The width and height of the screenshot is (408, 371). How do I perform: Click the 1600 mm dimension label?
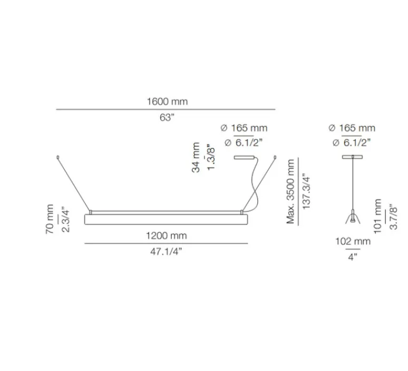click(x=167, y=102)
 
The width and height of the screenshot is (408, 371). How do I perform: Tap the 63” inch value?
click(x=167, y=118)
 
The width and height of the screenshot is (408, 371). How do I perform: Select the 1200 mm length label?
click(x=167, y=236)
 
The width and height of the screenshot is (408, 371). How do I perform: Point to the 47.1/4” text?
click(x=167, y=252)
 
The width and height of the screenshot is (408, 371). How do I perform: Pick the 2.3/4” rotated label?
click(x=65, y=219)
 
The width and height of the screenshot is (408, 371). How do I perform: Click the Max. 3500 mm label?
click(x=291, y=192)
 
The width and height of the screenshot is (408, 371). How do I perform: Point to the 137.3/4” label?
click(x=306, y=192)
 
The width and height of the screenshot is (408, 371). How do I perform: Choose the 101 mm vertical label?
click(x=377, y=216)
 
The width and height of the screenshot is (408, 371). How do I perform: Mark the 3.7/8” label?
click(x=393, y=216)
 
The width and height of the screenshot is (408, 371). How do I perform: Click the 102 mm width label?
click(x=353, y=242)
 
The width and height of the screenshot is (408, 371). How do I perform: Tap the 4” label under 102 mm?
click(x=353, y=257)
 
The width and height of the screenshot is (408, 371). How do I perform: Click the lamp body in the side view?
click(x=353, y=217)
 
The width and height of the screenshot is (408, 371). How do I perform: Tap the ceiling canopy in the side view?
click(x=353, y=157)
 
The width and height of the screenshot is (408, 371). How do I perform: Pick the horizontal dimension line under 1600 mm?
click(x=167, y=109)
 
